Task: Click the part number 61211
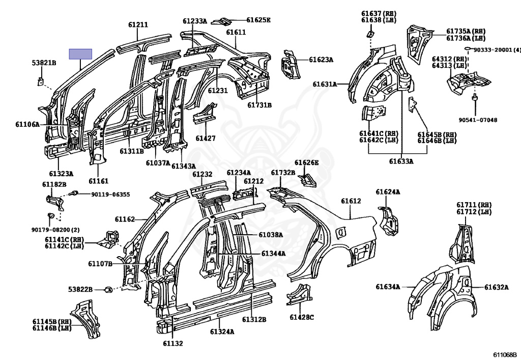[138, 24]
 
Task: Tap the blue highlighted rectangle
[80, 54]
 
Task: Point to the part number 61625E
[258, 20]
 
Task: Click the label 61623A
[321, 60]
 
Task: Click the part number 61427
[206, 138]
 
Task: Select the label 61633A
[401, 161]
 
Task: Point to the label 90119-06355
[110, 194]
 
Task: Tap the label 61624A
[388, 192]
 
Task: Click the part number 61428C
[302, 317]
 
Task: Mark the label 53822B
[80, 289]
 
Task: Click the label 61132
[172, 343]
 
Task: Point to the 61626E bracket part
[306, 179]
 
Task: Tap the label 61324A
[222, 331]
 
